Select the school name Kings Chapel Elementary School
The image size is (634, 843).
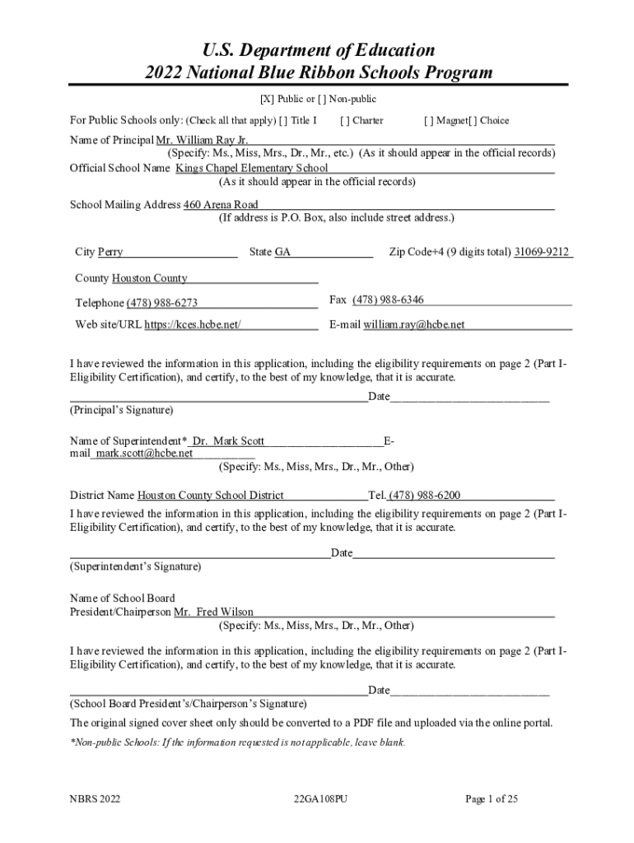click(251, 168)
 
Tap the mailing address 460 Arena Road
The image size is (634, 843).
click(221, 204)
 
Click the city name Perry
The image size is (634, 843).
click(110, 252)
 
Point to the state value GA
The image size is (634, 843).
click(282, 252)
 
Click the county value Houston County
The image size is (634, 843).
click(150, 278)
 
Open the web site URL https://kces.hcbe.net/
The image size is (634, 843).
click(193, 324)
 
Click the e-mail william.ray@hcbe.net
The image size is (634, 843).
click(414, 324)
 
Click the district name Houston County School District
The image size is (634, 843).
click(210, 496)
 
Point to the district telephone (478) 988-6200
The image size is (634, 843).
click(425, 496)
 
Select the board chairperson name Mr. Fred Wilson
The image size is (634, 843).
click(213, 612)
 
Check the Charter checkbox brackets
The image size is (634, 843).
click(343, 120)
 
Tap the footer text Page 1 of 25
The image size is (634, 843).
click(491, 799)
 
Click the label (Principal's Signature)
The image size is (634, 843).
click(122, 409)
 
